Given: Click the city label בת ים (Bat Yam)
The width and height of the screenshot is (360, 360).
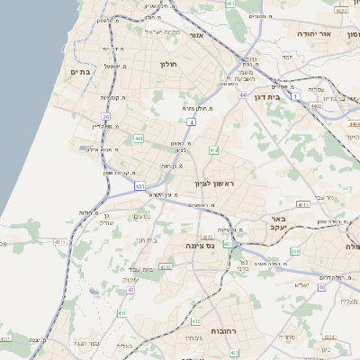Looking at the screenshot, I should (x=80, y=71).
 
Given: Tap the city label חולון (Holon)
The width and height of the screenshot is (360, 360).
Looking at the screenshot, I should (x=170, y=64).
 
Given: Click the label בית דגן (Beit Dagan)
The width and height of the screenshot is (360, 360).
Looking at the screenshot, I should (x=287, y=91).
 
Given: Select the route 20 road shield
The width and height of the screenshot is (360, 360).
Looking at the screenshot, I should (x=106, y=117).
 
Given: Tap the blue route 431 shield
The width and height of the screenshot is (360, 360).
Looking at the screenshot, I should (x=140, y=185).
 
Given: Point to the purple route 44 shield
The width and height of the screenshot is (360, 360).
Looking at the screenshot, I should (x=242, y=94).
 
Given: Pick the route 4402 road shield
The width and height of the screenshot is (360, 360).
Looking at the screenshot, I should (x=316, y=105).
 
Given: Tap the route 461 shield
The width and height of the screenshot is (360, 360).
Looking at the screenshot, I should (x=230, y=4).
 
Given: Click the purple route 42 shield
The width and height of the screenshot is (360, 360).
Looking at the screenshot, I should (x=130, y=290).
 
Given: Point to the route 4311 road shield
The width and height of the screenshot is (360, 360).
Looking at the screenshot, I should (x=61, y=242).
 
